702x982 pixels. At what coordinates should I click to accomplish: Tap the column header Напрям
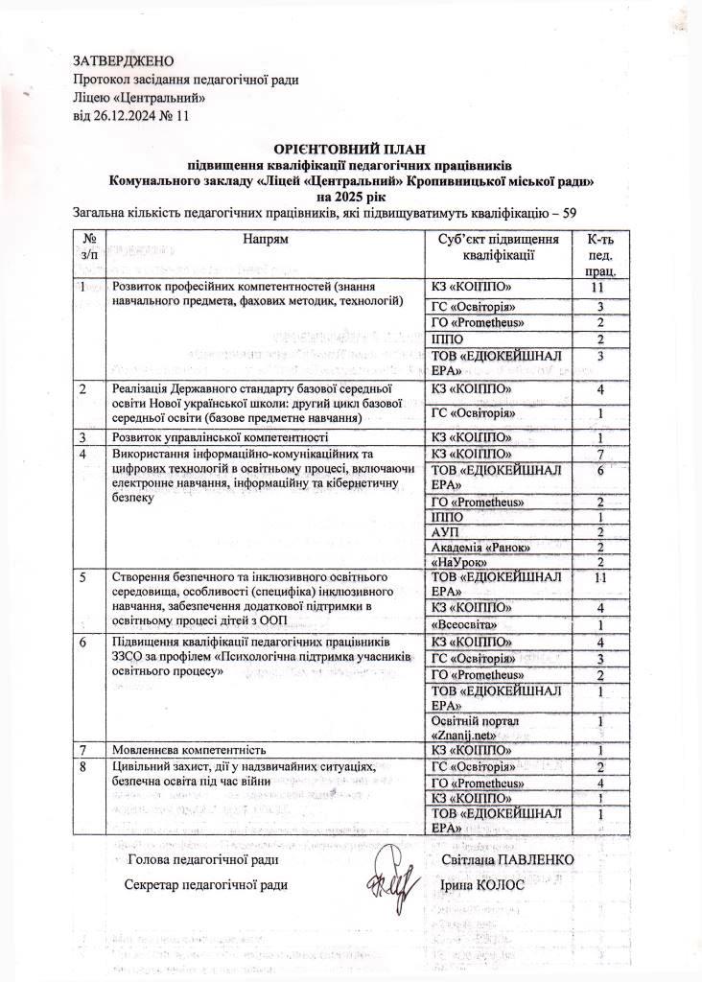266,237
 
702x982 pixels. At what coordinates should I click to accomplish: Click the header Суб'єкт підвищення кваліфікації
497,246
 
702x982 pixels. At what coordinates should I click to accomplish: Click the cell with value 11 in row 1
599,288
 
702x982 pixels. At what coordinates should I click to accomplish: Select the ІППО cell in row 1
449,339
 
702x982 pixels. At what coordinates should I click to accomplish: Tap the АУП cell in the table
447,532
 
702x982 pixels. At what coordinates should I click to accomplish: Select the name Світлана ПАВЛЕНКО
507,860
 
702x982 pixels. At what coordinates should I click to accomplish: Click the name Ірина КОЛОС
477,883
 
